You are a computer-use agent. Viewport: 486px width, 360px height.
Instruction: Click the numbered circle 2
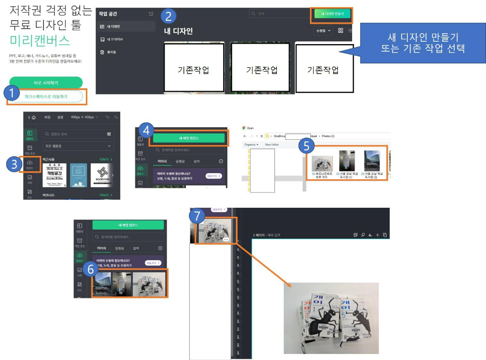coord(168,17)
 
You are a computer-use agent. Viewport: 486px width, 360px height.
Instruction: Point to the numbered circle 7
coord(196,216)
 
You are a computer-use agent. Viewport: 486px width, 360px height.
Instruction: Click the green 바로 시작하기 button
coord(46,83)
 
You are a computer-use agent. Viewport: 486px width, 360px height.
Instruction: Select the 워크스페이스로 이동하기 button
coord(46,97)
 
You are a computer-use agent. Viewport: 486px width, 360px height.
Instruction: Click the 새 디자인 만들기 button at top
coord(332,14)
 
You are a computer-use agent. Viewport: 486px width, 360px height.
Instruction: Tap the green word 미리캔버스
coord(40,40)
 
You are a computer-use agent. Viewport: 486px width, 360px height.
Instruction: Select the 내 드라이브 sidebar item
coord(114,39)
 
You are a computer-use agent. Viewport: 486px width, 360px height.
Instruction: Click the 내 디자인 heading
coord(178,31)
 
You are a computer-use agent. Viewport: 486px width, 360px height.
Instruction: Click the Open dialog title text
coord(251,128)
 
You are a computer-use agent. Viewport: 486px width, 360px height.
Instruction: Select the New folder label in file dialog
coord(271,144)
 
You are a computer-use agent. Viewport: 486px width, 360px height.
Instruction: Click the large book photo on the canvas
coord(331,318)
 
